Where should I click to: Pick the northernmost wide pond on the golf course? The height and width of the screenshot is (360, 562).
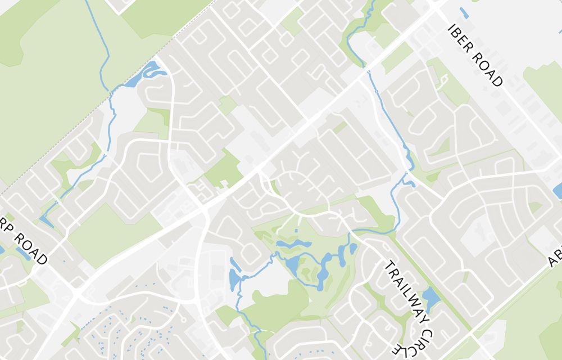pyautogui.click(x=293, y=245)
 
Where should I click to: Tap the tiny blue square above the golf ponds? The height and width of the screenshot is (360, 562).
pyautogui.click(x=296, y=230)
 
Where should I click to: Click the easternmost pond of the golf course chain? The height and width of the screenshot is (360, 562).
pyautogui.click(x=353, y=247)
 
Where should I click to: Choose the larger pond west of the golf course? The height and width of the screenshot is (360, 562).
pyautogui.click(x=234, y=277)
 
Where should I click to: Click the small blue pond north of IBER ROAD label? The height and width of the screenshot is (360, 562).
pyautogui.click(x=464, y=12)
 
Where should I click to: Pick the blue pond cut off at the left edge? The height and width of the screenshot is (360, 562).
pyautogui.click(x=2, y=250)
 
